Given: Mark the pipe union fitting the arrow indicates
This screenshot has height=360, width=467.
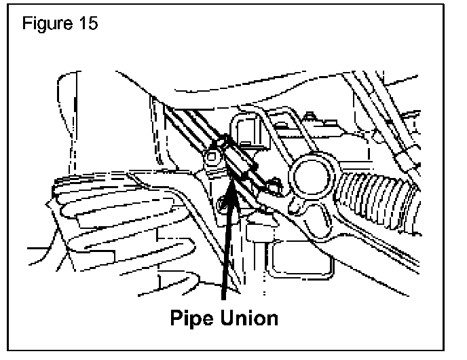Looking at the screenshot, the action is (239, 160).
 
